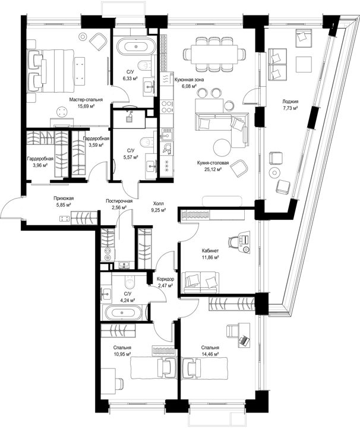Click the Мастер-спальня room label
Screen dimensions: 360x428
[x=86, y=100]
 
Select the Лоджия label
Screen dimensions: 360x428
[x=290, y=102]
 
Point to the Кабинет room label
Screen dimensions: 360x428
[x=210, y=251]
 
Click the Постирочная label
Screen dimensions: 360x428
[x=119, y=201]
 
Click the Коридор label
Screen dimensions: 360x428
[x=165, y=279]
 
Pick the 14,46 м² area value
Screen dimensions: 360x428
[x=210, y=354]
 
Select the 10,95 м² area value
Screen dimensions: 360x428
[x=122, y=354]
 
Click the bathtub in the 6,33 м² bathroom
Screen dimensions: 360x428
[x=136, y=46]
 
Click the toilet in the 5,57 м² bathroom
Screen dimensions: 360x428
[x=147, y=141]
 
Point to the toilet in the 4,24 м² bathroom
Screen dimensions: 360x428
[x=130, y=282]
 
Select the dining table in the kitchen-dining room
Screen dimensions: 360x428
[x=214, y=54]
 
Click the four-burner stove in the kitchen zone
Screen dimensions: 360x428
[x=167, y=106]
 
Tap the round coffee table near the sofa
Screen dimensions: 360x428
[x=221, y=147]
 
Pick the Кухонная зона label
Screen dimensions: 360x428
[x=189, y=80]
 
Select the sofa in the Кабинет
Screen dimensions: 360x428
[x=201, y=282]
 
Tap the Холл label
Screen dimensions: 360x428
[x=159, y=204]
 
